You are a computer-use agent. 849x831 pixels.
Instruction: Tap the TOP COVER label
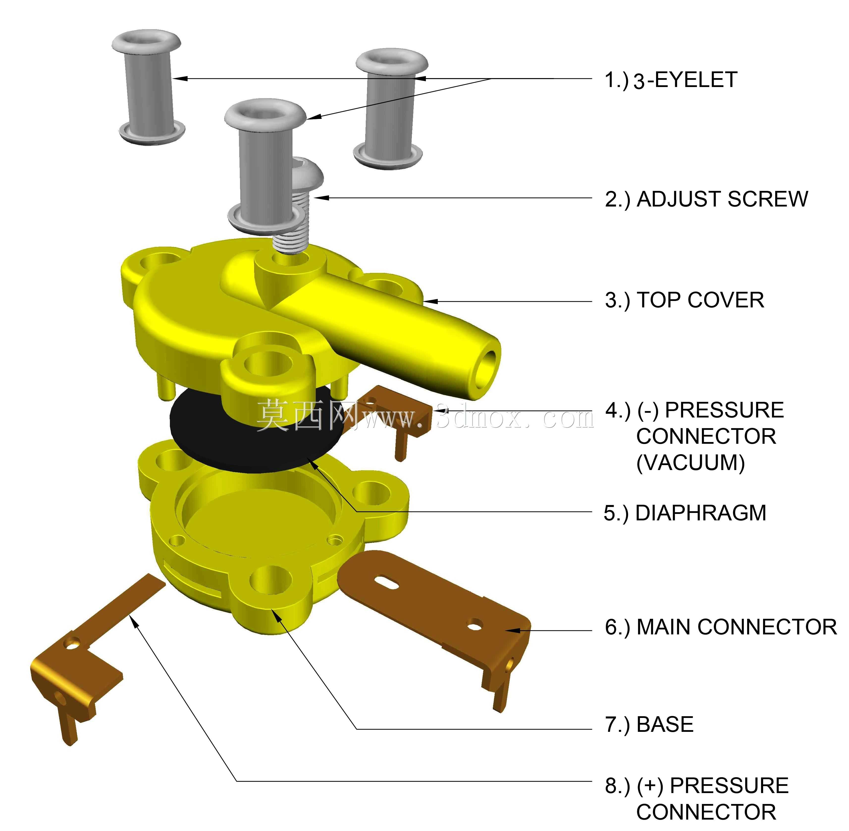coord(700,300)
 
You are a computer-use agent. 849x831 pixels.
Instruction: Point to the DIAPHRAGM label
coord(701,513)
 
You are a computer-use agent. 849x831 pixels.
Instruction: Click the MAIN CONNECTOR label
coord(737,627)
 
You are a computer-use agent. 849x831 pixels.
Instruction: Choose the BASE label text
coord(665,724)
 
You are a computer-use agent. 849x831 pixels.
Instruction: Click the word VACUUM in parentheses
coord(691,463)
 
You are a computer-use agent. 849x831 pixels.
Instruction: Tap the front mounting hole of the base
coord(270,580)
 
